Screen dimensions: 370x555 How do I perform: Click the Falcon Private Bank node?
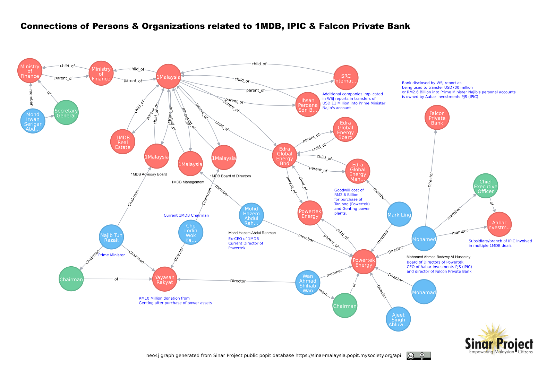pos(437,118)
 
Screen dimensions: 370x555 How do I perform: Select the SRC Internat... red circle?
pos(345,78)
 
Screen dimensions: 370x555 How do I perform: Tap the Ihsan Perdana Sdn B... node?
pos(308,105)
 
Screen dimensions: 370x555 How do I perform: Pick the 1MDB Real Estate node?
pos(123,142)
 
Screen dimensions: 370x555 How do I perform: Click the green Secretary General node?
pos(66,113)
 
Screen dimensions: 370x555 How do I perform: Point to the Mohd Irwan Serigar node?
pos(33,121)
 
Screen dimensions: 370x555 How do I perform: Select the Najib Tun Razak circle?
pos(111,237)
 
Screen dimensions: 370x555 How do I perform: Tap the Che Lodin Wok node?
pos(190,232)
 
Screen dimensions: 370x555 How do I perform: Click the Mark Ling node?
pos(399,215)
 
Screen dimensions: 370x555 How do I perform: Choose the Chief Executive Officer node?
pos(485,186)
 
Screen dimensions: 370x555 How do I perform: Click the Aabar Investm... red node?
pos(499,225)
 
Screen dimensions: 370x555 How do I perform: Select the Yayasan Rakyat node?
pos(164,279)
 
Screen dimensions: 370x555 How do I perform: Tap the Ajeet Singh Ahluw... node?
pos(398,319)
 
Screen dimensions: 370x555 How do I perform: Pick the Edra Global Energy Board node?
pos(345,130)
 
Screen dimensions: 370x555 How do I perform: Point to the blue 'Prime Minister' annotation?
pos(111,255)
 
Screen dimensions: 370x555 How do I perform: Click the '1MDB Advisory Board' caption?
pos(148,174)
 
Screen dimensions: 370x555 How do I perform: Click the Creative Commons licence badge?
pos(418,356)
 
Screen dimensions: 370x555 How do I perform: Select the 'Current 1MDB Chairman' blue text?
pos(186,215)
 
